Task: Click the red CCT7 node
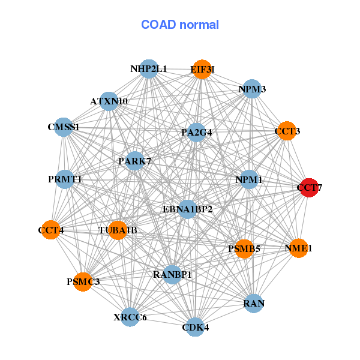pos(310,188)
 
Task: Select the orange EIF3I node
pos(202,70)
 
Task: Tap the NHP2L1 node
pos(149,69)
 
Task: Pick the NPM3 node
pos(252,89)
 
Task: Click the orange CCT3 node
pos(287,131)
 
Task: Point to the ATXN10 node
pos(109,101)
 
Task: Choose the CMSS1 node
pos(64,127)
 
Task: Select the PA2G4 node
pos(196,132)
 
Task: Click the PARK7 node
pos(135,161)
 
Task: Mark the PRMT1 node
pos(65,179)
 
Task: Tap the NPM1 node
pos(249,179)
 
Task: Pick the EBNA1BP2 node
pos(188,209)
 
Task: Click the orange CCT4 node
pos(51,230)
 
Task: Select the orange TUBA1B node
pos(118,230)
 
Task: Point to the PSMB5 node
pos(245,249)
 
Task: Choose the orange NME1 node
pos(298,248)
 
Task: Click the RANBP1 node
pos(172,275)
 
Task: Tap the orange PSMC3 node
pos(83,282)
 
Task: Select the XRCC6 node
pos(130,317)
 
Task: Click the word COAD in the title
pos(158,25)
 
